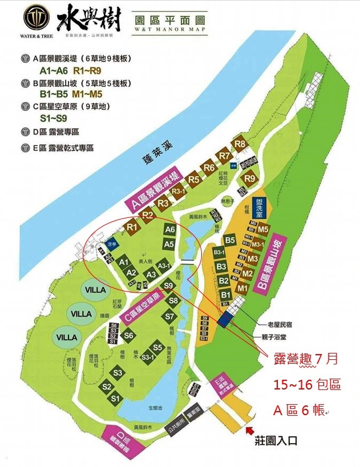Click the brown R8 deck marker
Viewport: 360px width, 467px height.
(240, 144)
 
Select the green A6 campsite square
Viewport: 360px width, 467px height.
(169, 229)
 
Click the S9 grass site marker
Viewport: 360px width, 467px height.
(168, 286)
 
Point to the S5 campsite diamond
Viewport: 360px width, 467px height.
(157, 347)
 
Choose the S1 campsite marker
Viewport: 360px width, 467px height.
(116, 397)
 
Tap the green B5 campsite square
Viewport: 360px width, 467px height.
(230, 241)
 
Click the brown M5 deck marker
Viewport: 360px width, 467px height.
(263, 229)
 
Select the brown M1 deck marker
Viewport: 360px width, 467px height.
(242, 289)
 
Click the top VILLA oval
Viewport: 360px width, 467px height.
(96, 290)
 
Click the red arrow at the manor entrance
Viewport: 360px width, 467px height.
(251, 427)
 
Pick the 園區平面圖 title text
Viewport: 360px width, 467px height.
(169, 19)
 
